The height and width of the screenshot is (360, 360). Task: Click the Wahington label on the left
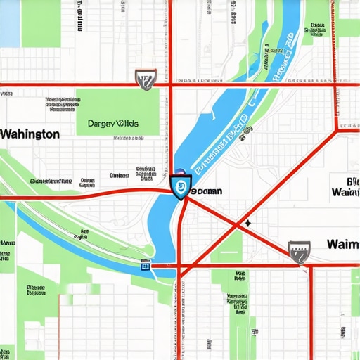30,134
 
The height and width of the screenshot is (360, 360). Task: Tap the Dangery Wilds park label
113,124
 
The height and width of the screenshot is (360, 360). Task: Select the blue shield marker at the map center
180,187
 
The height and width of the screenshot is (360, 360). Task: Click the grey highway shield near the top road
145,79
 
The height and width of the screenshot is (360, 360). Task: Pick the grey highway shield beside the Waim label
300,251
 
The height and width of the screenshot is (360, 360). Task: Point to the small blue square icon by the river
146,266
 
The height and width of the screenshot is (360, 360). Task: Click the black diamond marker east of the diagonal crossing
247,224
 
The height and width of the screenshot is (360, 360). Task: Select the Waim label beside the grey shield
343,245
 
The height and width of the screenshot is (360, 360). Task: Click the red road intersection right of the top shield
171,85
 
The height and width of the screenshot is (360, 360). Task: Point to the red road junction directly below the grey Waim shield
309,266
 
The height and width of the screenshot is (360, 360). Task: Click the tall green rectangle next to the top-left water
41,21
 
